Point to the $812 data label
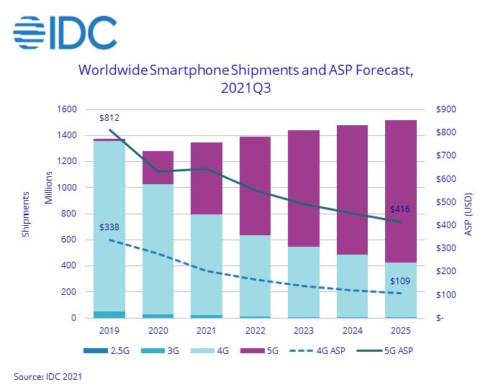pos(109,118)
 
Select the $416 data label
pos(400,209)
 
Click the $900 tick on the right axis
pos(446,109)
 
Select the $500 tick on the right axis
pos(446,202)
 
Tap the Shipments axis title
pos(27,214)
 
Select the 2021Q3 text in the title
pos(244,88)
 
